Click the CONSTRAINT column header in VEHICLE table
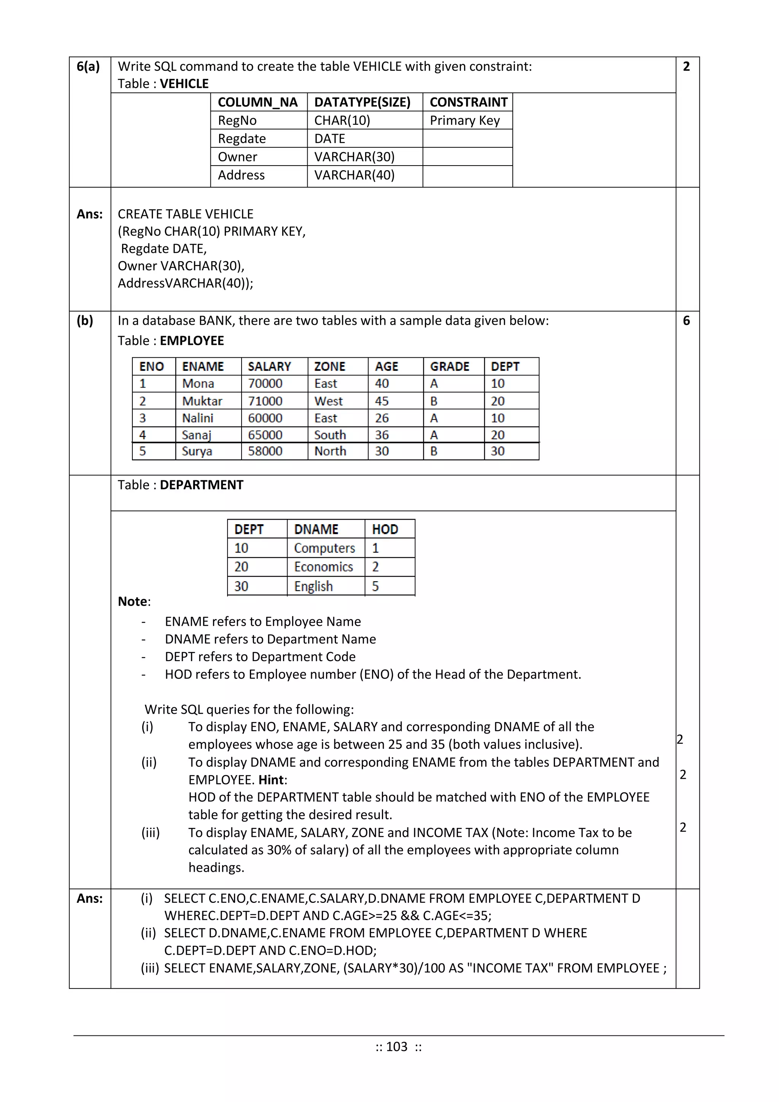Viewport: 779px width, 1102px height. (x=468, y=102)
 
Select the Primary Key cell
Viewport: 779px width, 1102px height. (x=464, y=120)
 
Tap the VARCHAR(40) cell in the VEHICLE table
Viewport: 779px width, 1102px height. (x=354, y=175)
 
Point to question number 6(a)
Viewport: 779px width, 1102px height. (x=88, y=66)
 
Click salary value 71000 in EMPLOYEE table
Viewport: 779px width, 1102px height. (x=265, y=401)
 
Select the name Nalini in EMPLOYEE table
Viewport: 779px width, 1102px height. (x=198, y=418)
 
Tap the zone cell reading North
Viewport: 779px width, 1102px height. (x=330, y=451)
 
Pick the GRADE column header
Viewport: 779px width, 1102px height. (x=450, y=367)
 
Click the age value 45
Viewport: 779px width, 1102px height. (x=382, y=401)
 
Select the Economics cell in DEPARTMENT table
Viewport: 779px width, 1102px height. (x=323, y=567)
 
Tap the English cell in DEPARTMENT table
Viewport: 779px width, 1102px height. (x=313, y=586)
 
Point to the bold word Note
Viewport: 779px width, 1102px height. (x=133, y=601)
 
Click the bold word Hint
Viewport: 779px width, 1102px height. (x=271, y=780)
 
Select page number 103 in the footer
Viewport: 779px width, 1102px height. (x=397, y=1046)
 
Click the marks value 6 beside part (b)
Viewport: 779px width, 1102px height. (x=687, y=321)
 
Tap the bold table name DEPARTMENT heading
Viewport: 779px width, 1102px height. (x=202, y=485)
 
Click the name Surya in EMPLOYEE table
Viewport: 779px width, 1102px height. (x=197, y=451)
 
